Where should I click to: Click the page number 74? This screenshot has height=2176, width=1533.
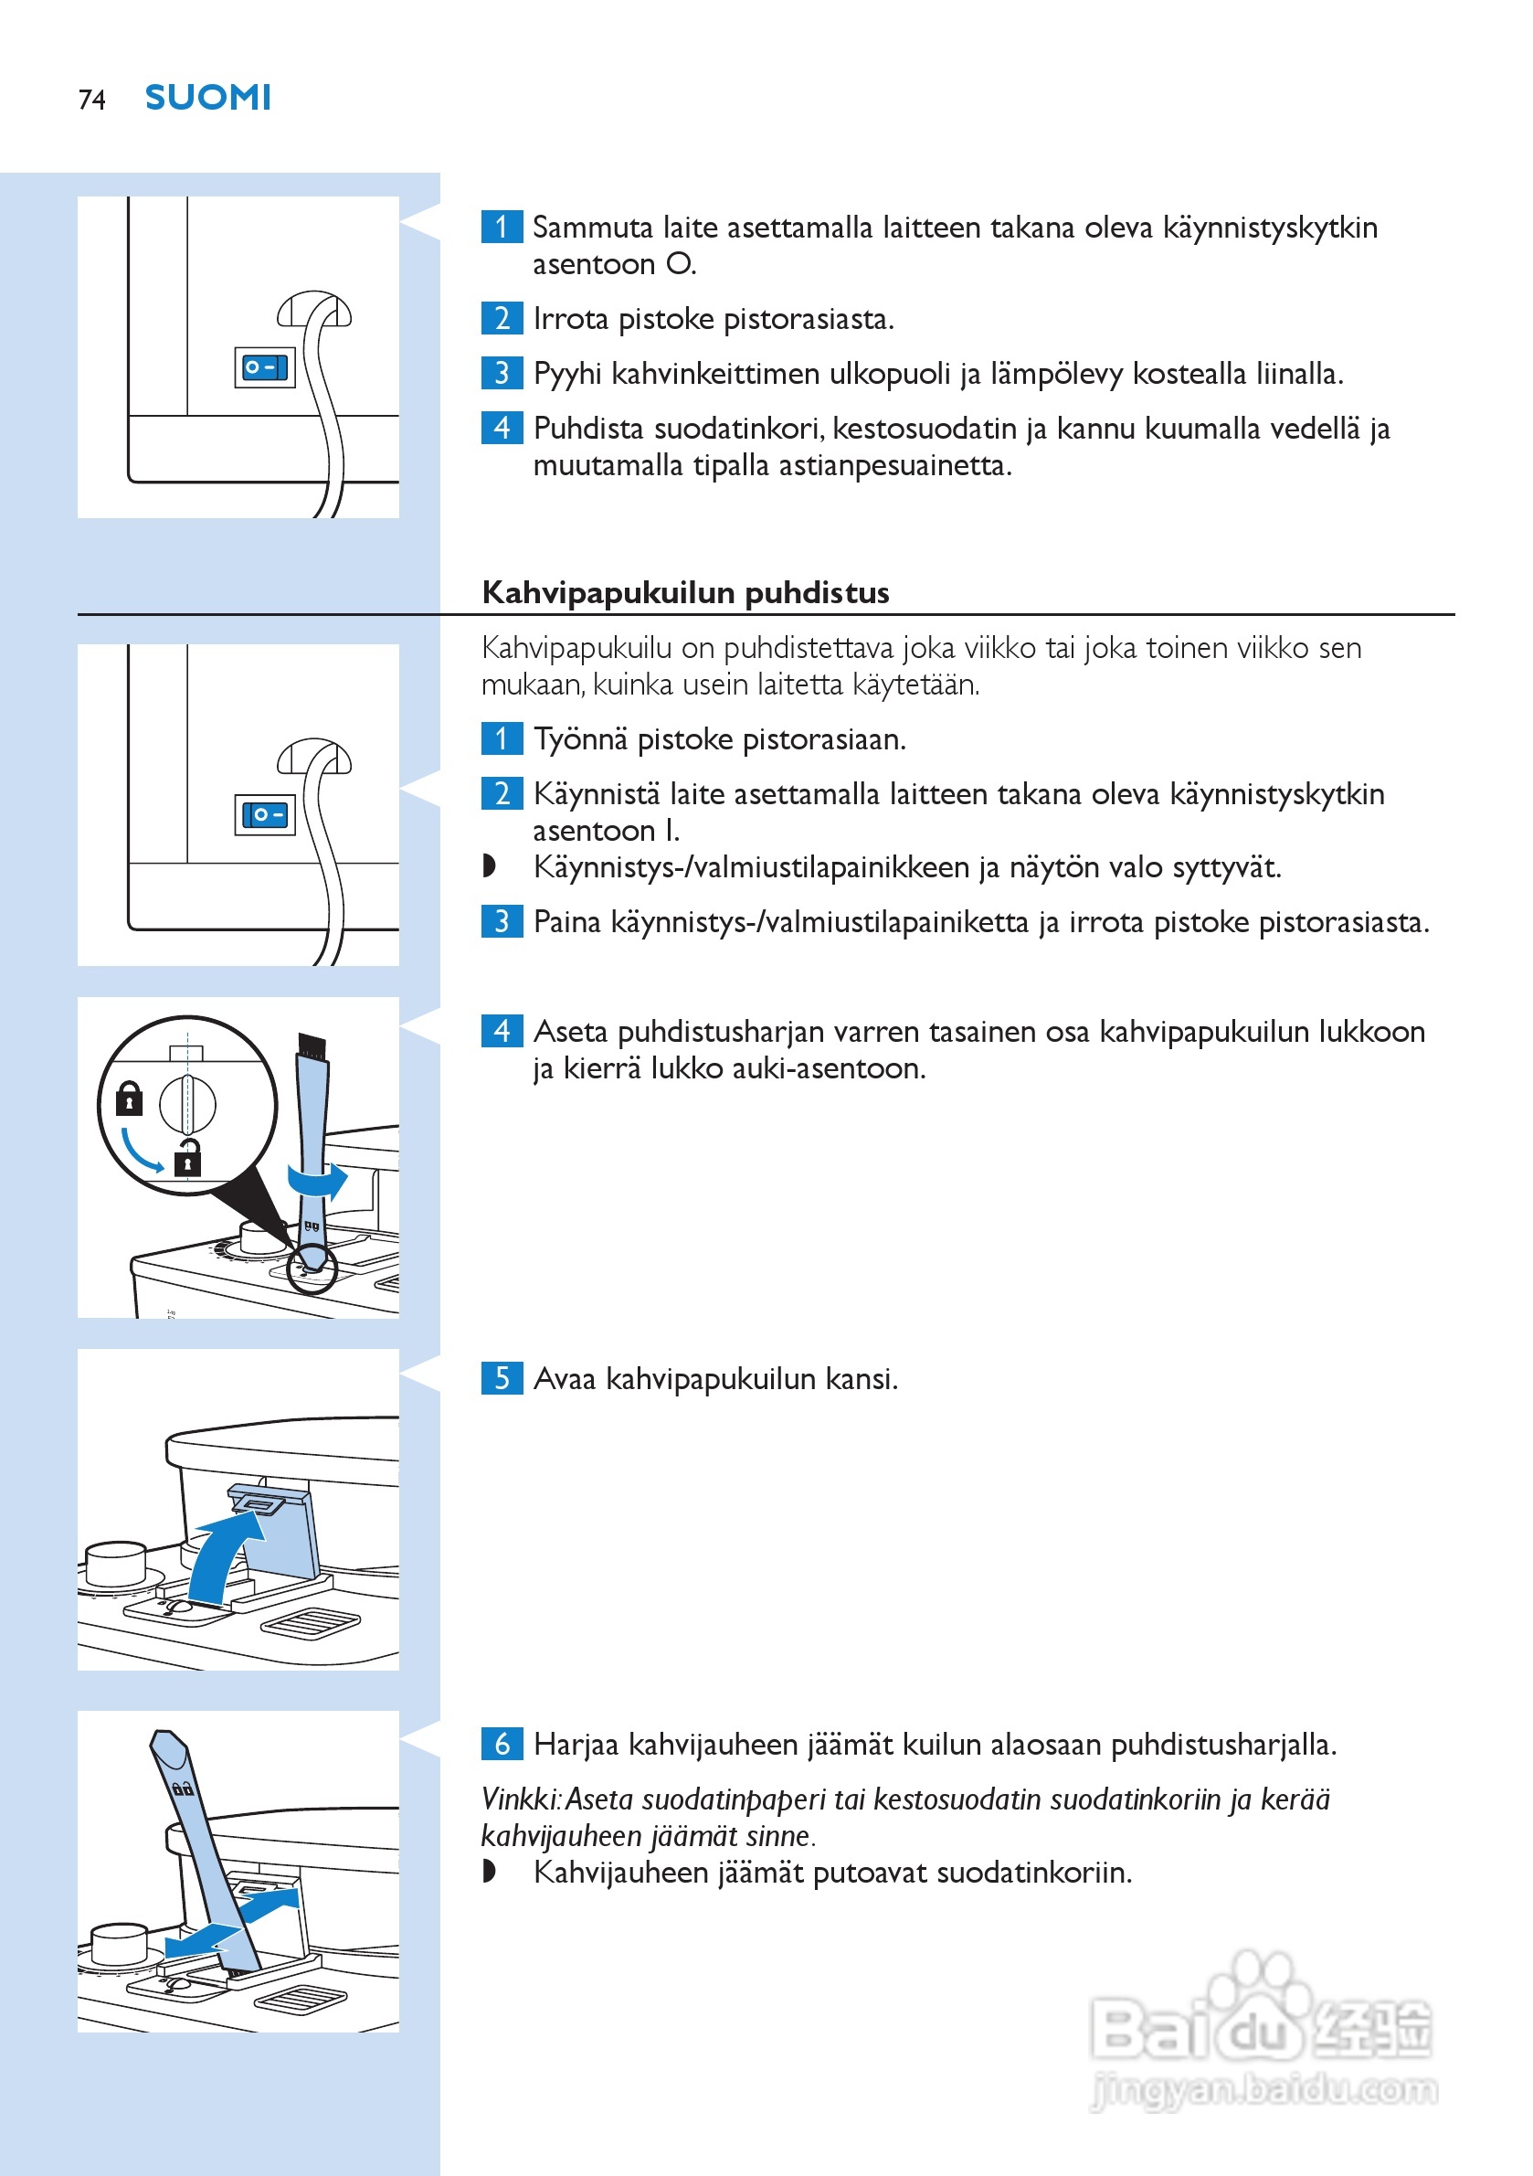click(92, 100)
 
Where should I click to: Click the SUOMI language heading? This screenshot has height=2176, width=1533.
click(207, 98)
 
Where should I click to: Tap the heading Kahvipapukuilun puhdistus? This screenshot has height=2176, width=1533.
click(685, 592)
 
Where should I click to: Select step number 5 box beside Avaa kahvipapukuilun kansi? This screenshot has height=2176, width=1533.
click(502, 1377)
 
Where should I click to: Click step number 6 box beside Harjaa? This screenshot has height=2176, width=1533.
click(502, 1743)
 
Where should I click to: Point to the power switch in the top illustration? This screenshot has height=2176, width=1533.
click(264, 367)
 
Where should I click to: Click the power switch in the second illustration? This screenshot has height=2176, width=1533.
click(264, 815)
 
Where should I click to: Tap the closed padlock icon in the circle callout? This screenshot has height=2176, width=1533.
click(129, 1099)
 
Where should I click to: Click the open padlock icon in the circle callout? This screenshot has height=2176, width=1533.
click(187, 1157)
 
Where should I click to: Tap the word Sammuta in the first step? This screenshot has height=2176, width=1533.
click(592, 228)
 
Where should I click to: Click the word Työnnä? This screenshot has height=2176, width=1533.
click(580, 739)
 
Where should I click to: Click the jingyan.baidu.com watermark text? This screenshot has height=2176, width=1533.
click(1265, 2089)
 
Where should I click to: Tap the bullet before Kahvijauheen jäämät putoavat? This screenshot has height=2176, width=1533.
click(489, 1872)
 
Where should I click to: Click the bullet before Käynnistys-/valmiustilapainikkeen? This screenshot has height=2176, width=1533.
click(489, 866)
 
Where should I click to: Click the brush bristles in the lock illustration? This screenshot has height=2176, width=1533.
click(312, 1046)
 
